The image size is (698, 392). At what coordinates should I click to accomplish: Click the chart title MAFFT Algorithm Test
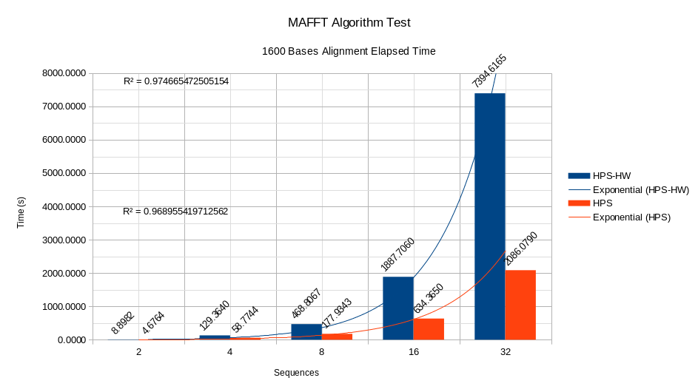click(x=349, y=23)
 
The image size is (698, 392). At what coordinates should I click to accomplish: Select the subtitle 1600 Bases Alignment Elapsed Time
click(x=349, y=52)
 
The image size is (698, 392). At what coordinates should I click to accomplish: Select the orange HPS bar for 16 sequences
click(x=429, y=329)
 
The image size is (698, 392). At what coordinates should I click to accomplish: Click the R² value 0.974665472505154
click(x=175, y=81)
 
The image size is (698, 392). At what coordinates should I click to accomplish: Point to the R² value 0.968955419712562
click(x=175, y=212)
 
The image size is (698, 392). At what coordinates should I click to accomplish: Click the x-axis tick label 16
click(x=413, y=353)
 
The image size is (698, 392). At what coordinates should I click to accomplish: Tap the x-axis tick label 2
click(x=138, y=353)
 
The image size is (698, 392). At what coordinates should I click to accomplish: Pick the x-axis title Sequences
click(x=296, y=373)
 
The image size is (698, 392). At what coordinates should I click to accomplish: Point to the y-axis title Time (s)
click(x=21, y=212)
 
